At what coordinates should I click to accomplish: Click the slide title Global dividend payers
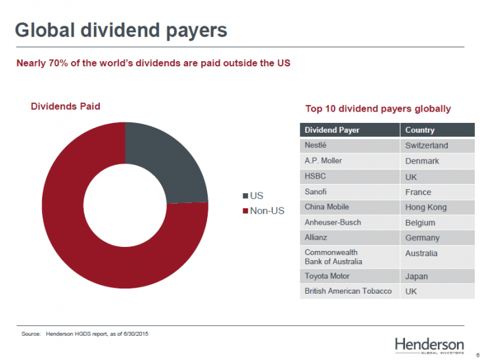point(121,30)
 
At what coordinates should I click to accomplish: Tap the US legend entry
point(254,196)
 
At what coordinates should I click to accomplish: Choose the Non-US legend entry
point(264,210)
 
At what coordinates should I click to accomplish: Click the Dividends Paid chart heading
point(66,106)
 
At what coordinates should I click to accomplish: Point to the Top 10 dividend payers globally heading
point(378,108)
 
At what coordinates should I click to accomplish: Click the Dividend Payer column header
point(332,130)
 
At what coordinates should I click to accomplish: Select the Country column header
point(420,130)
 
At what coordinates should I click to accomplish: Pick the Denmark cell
point(422,161)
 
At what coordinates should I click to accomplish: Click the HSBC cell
point(315,177)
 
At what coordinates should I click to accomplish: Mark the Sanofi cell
point(316,192)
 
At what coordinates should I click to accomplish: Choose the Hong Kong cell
point(426,207)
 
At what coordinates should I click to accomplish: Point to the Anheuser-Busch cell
point(333,222)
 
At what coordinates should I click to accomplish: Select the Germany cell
point(423,238)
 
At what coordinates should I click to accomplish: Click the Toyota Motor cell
point(327,276)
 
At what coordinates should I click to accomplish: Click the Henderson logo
point(429,346)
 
